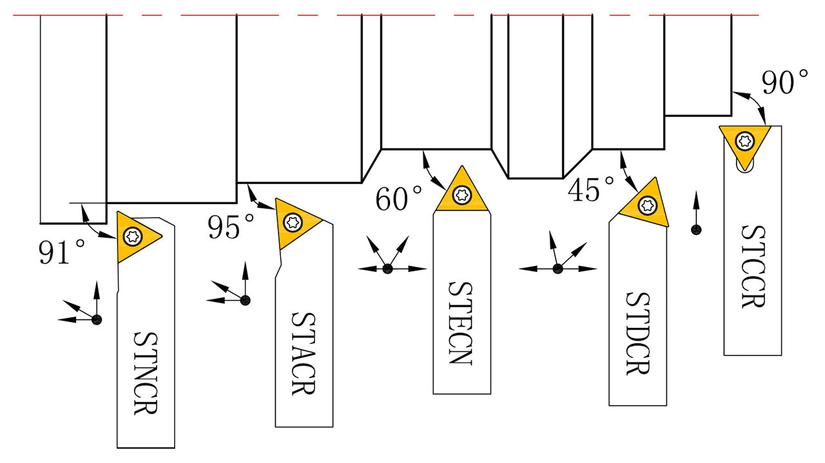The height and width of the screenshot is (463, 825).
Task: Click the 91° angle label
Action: [62, 252]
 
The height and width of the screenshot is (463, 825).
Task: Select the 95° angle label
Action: [231, 227]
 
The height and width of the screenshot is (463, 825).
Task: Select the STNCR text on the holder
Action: [146, 373]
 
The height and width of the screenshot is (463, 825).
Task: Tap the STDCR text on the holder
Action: [637, 334]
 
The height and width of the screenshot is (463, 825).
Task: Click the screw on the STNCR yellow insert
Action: [133, 236]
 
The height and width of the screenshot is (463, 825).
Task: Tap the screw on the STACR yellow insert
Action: [293, 222]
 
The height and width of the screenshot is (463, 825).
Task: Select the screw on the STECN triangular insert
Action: [461, 195]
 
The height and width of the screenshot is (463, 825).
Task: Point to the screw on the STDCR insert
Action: [647, 205]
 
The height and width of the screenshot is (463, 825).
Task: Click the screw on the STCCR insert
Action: [746, 140]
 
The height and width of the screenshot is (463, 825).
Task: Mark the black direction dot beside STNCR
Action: [97, 319]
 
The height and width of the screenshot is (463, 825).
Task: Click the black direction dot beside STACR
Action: [245, 299]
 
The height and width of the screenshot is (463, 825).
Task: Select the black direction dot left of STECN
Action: [387, 269]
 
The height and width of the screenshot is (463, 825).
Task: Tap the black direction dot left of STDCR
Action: [558, 269]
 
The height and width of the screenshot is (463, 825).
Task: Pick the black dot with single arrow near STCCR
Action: [696, 229]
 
